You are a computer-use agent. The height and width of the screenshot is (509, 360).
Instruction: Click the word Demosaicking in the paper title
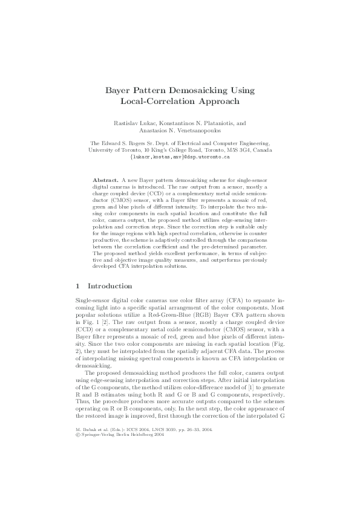pos(205,90)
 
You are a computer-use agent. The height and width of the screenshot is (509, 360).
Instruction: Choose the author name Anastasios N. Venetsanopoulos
pos(180,130)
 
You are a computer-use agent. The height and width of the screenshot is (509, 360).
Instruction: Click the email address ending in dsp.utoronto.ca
pos(180,157)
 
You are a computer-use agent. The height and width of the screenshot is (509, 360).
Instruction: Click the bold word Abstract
pos(105,181)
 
